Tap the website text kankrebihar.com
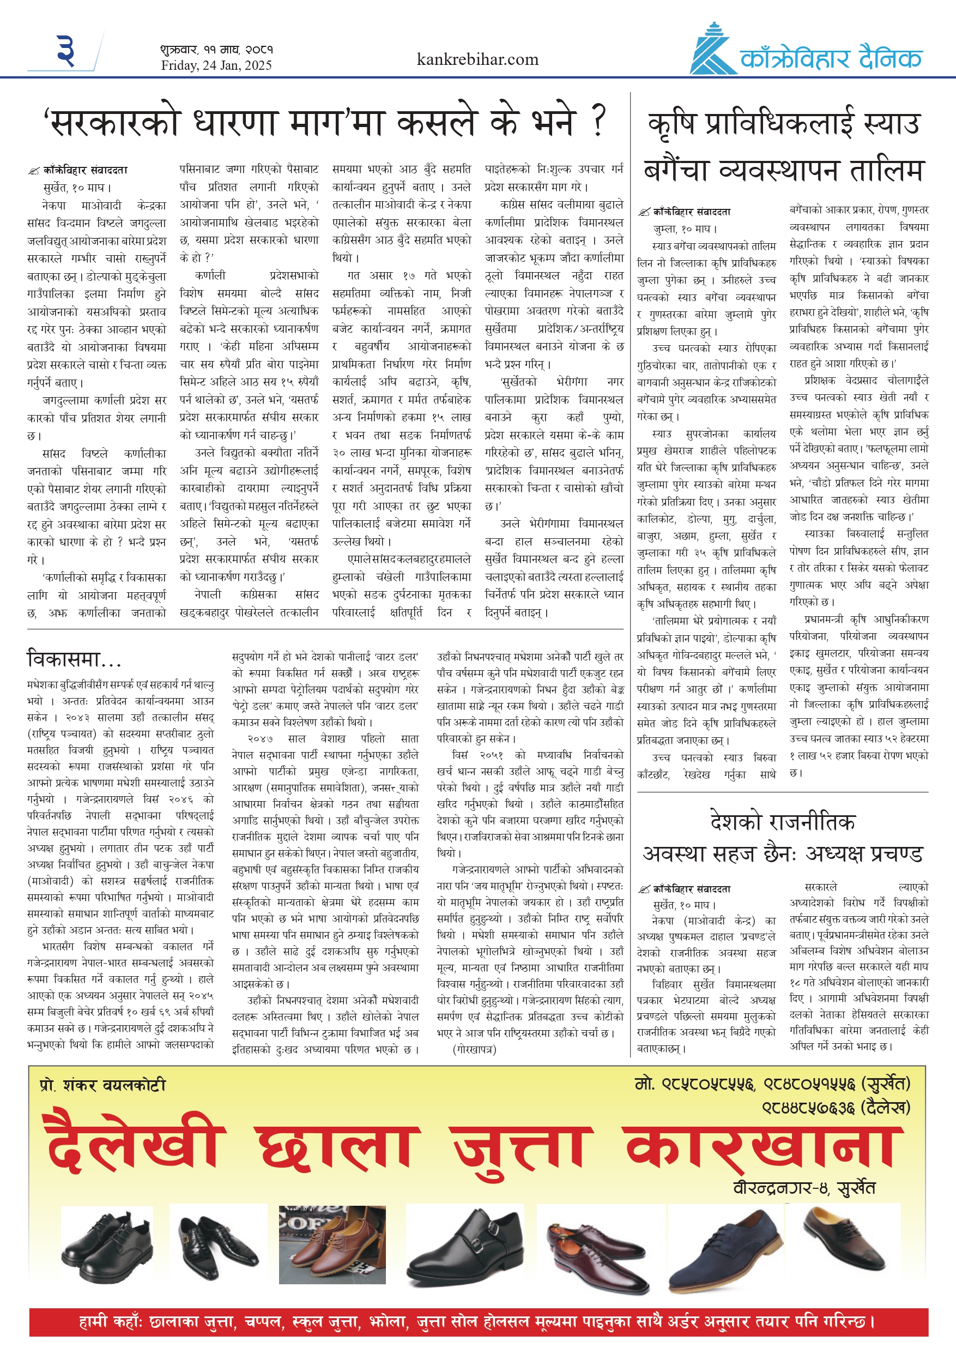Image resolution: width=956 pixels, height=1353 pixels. point(477,59)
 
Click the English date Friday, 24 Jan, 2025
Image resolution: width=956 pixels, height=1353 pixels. point(216,65)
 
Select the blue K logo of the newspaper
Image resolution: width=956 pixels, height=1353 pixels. point(712,51)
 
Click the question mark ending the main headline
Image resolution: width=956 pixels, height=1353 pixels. point(597,121)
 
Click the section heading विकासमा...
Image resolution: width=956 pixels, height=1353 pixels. point(74,659)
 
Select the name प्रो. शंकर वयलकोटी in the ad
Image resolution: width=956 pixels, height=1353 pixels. point(102,1085)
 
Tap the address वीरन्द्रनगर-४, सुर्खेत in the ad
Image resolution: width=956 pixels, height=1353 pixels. point(804,1188)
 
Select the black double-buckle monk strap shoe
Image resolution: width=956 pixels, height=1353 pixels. point(464,1246)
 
